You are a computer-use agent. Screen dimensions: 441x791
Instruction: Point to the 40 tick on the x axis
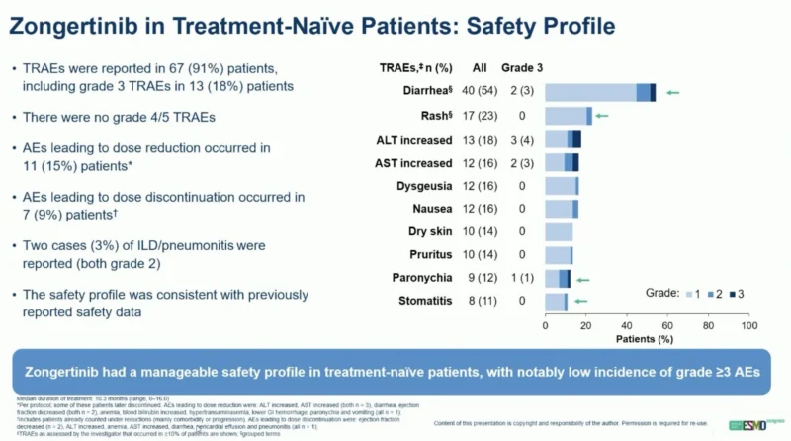627,324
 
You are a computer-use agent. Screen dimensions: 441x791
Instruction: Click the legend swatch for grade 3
731,294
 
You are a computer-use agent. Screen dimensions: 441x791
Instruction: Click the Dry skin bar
559,232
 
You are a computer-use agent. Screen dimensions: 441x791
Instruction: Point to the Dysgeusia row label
424,186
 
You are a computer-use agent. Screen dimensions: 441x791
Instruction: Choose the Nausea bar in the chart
561,209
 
